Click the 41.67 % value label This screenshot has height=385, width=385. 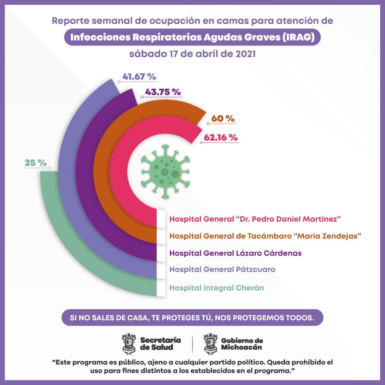pyautogui.click(x=139, y=77)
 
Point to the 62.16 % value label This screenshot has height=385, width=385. pyautogui.click(x=221, y=137)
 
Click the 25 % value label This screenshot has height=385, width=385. pyautogui.click(x=35, y=163)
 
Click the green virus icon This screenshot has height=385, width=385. pyautogui.click(x=165, y=171)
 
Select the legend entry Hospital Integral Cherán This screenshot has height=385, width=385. pyautogui.click(x=217, y=288)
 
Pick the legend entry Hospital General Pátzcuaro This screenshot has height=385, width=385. pyautogui.click(x=222, y=270)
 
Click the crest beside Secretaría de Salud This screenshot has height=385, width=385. pyautogui.click(x=129, y=344)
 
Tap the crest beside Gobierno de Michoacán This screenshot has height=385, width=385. pyautogui.click(x=210, y=344)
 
